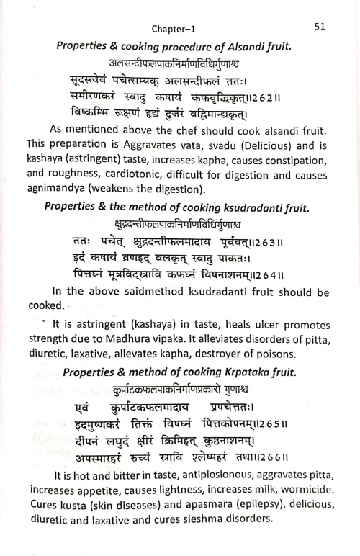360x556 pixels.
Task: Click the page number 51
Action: (x=322, y=27)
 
